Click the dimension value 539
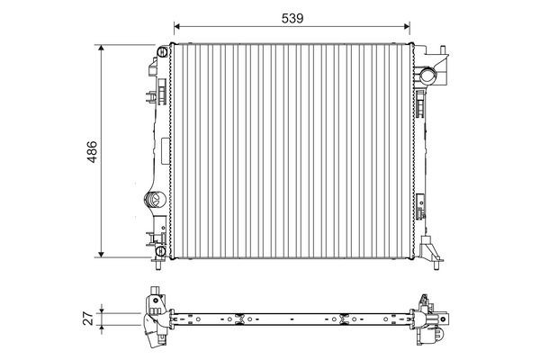click(292, 18)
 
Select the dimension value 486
click(92, 151)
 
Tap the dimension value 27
click(88, 319)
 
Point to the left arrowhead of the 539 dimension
click(177, 26)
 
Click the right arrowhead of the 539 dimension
click(407, 26)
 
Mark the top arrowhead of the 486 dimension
click(101, 48)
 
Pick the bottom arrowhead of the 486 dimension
click(101, 254)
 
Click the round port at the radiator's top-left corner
click(162, 52)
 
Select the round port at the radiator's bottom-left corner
click(160, 251)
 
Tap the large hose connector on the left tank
click(154, 200)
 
